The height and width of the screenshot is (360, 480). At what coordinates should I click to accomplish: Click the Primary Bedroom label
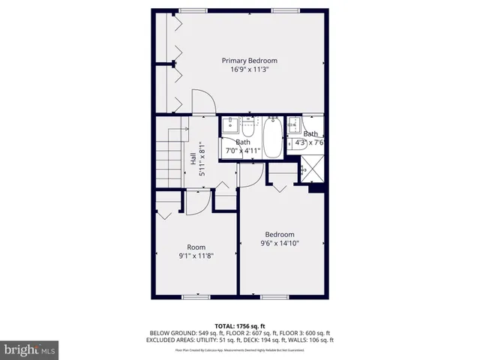pos(249,61)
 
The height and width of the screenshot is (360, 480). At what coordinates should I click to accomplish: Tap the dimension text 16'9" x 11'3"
pos(249,70)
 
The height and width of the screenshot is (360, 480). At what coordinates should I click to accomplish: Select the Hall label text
pos(193,159)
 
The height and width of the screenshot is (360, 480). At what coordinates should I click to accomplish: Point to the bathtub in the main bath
pos(271,137)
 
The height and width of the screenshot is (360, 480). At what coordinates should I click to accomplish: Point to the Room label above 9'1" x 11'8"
pos(196,247)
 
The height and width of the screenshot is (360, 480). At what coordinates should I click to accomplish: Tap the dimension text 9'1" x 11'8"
pos(196,256)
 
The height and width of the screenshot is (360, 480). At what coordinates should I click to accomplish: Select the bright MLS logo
pos(30,349)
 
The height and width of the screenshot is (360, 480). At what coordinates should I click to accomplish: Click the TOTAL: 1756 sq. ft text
pos(240,325)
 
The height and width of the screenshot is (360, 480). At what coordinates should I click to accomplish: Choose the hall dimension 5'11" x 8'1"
pos(201,159)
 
